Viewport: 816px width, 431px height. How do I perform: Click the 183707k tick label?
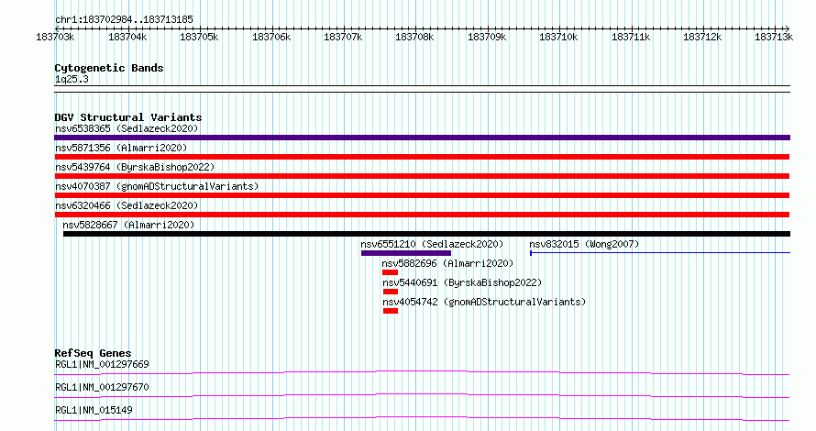[x=343, y=37]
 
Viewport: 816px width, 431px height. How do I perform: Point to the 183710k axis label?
[x=558, y=37]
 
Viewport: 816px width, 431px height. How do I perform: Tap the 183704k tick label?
[x=127, y=37]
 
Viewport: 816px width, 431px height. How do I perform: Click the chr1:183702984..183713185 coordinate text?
[x=124, y=20]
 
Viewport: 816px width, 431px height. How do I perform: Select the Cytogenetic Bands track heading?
[x=109, y=68]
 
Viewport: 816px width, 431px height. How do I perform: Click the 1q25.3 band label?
[x=72, y=79]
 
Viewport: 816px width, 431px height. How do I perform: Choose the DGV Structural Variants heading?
[x=128, y=117]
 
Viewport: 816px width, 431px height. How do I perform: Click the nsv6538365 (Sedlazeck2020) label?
[x=127, y=128]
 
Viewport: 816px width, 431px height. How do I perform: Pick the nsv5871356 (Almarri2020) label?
[x=121, y=148]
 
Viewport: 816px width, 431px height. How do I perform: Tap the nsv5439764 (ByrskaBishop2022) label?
[x=135, y=167]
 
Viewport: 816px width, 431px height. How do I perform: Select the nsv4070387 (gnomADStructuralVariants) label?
[x=157, y=186]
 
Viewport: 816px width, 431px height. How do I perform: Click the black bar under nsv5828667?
[x=426, y=234]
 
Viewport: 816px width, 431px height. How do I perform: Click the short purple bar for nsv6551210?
[x=406, y=253]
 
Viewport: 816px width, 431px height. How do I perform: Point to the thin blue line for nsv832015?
[x=660, y=253]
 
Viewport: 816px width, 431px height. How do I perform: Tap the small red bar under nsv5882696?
[x=390, y=272]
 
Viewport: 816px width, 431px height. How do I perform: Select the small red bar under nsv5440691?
[x=391, y=292]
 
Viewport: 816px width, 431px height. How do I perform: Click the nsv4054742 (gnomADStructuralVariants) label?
[x=484, y=302]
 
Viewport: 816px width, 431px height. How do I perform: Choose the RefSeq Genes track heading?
[x=93, y=353]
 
